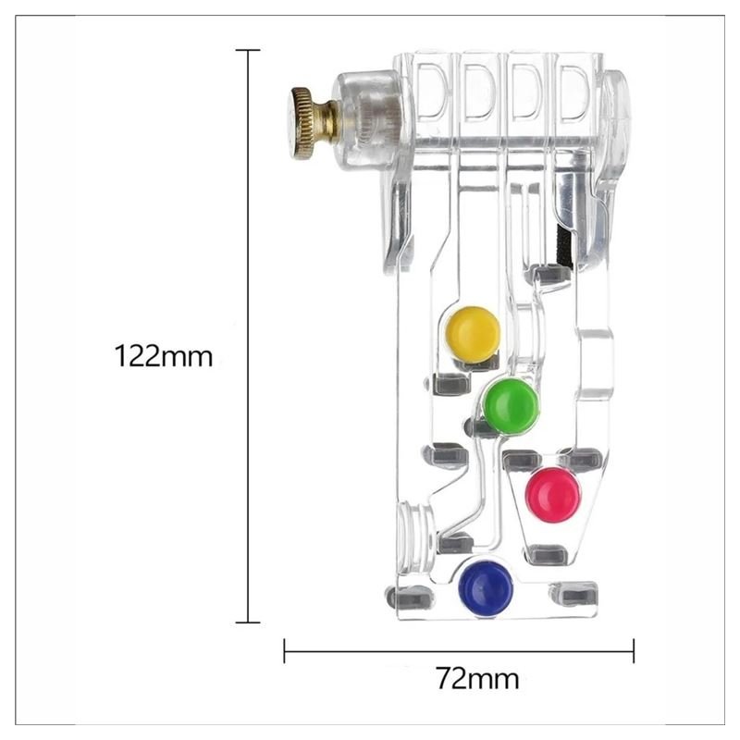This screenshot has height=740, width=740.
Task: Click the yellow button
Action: (x=473, y=334)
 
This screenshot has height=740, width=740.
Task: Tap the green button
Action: (x=511, y=406)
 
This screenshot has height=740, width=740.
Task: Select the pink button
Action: (x=553, y=495)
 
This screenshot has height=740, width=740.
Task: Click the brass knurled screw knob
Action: (x=309, y=124)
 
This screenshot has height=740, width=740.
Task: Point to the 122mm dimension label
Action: (x=164, y=356)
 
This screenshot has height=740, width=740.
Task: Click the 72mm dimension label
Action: (x=477, y=679)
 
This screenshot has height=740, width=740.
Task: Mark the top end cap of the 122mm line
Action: (x=248, y=50)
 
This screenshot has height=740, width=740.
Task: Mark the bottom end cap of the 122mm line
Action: (x=248, y=623)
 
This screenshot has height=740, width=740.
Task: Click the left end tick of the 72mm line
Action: (x=284, y=651)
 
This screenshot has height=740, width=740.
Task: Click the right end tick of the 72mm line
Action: (x=634, y=651)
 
